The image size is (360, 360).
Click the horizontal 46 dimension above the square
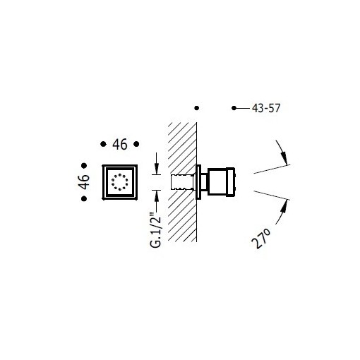119,145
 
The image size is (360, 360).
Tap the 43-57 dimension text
267,108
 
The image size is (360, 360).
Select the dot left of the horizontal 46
102,144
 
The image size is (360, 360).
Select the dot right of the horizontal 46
138,144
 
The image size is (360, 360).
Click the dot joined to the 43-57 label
234,108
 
